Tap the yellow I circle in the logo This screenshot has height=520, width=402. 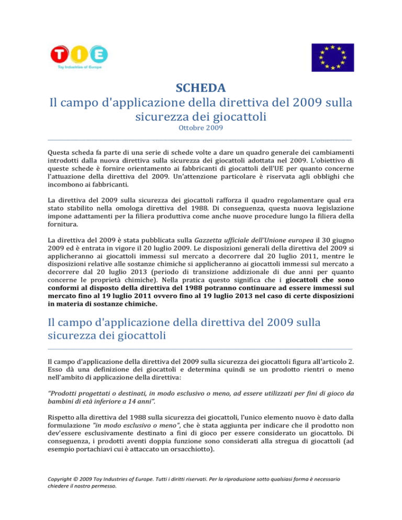pos(80,54)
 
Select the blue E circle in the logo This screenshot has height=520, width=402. pos(99,54)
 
